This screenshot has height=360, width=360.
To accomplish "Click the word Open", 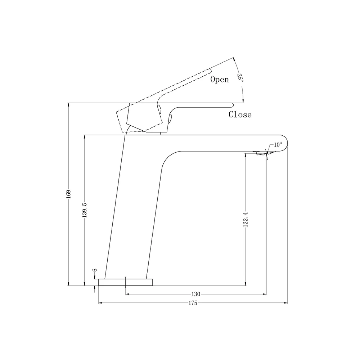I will pos(220,80).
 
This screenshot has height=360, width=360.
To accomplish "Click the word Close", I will pos(240,115).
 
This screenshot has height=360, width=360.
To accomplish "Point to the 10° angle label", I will pos(278,145).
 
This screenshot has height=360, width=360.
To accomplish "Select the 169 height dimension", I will pos(68,193).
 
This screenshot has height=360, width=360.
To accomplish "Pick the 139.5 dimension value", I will pos(85,210).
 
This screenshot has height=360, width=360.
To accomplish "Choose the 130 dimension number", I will pos(196,294).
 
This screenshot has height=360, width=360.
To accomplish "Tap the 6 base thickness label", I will pos(95,270).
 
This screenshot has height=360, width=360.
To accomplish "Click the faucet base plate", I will pos(126,282).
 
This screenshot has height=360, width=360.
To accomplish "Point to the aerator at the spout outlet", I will pos(262,154).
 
